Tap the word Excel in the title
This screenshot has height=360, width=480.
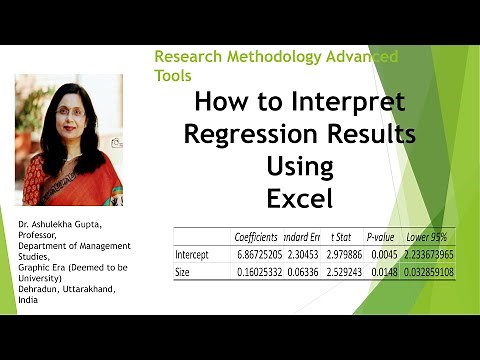tap(297, 196)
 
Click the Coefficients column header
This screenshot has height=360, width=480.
tap(256, 237)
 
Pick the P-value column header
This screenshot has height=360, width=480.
tap(383, 237)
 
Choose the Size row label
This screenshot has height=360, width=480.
tap(184, 271)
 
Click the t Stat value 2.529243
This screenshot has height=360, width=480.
tap(340, 271)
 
